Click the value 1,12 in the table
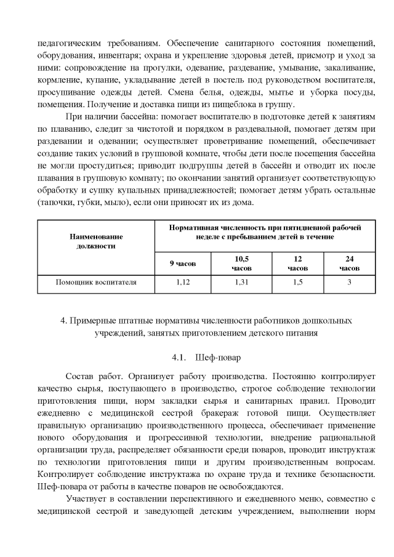point(182,283)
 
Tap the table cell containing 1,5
point(297,283)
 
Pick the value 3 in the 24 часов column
point(349,283)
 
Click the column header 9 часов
point(182,263)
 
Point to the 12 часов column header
point(297,263)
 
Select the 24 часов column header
point(349,263)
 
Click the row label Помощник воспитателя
point(96,283)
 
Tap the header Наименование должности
point(96,241)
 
